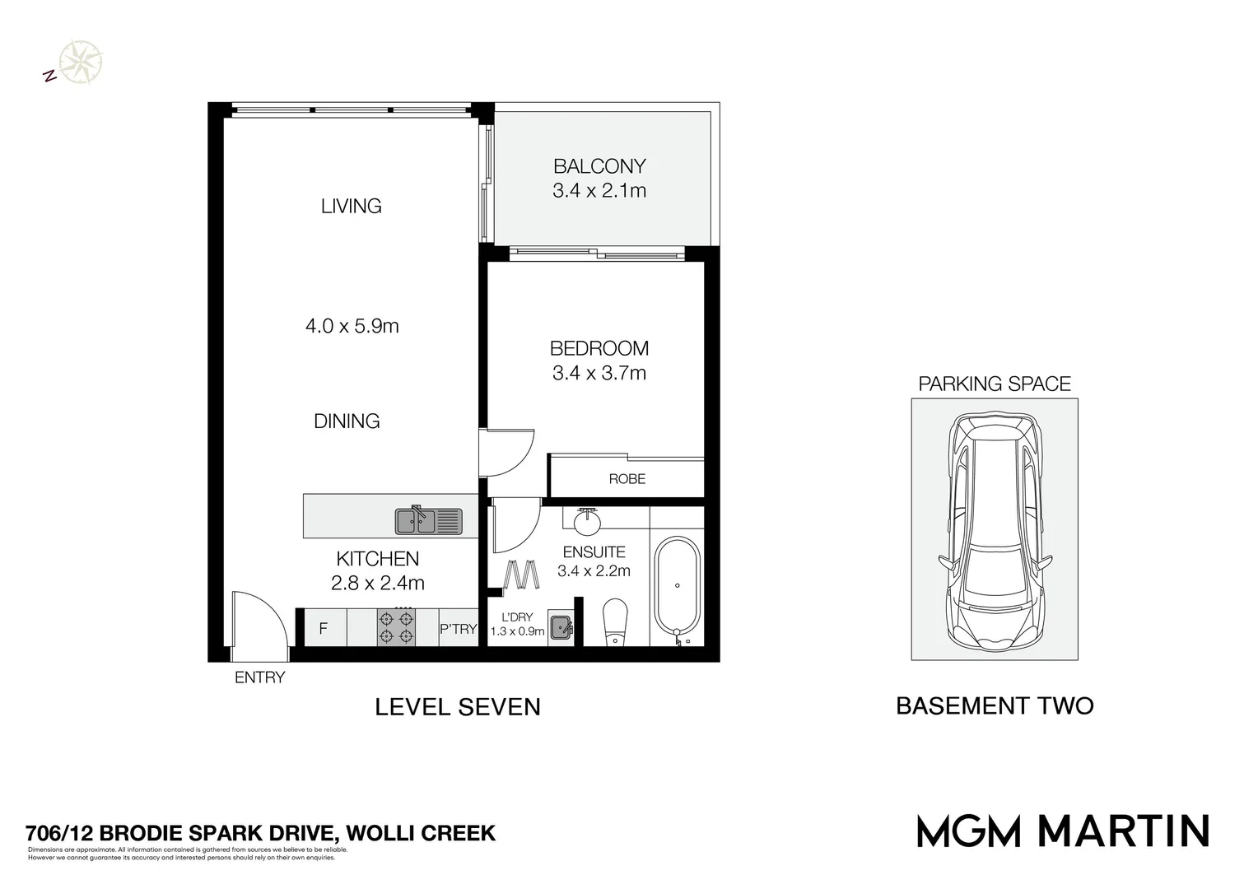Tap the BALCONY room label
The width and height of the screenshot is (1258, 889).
coord(599,166)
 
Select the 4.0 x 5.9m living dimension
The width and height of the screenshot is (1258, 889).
coord(352,326)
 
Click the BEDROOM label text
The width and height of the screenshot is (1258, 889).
coord(599,348)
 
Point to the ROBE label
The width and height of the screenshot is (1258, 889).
coord(627,478)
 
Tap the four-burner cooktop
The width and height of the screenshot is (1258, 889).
coord(395,626)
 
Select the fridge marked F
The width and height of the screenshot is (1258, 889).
coord(323,629)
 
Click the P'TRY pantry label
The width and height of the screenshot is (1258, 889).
coord(458,629)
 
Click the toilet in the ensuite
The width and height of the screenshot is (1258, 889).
coord(617,622)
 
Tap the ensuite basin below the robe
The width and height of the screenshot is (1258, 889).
coord(588,518)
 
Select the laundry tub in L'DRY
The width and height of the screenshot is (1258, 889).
coord(561,627)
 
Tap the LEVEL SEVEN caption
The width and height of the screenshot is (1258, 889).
coord(458,707)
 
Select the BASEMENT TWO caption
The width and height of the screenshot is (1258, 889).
coord(994,706)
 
